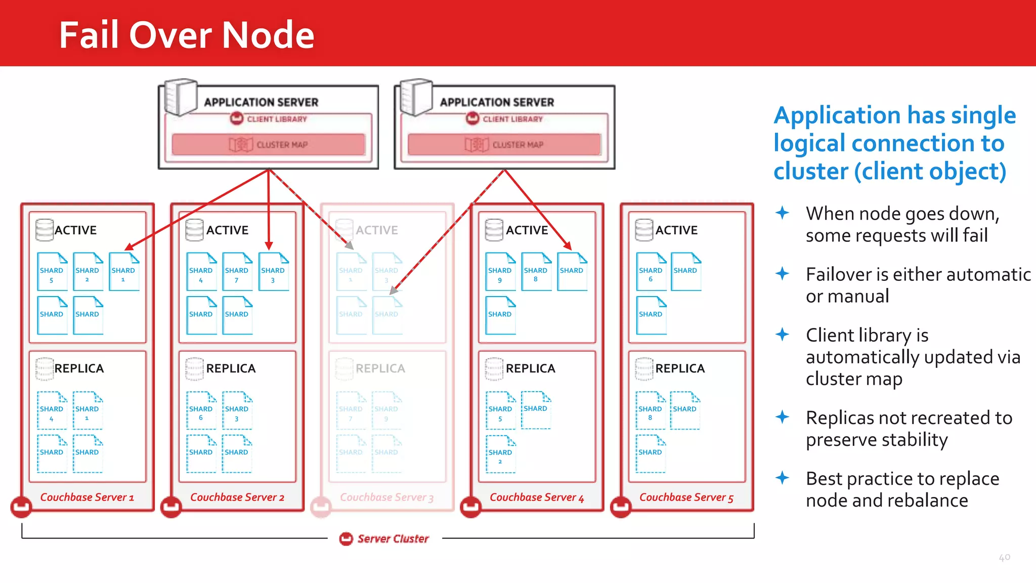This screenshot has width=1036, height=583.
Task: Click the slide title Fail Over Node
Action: click(187, 35)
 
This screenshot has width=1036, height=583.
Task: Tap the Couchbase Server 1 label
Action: click(87, 497)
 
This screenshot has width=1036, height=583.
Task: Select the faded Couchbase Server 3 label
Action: click(386, 497)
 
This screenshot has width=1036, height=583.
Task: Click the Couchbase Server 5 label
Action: click(686, 497)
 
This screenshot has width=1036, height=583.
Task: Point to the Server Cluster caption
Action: click(393, 539)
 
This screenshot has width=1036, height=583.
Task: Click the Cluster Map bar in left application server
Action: click(268, 145)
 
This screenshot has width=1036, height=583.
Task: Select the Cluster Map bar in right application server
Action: click(504, 145)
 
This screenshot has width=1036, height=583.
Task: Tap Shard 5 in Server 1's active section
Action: click(52, 272)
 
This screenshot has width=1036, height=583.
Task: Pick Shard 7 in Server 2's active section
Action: click(237, 272)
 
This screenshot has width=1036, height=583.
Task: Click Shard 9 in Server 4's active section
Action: click(500, 272)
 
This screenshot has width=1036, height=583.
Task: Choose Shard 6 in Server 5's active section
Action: click(651, 272)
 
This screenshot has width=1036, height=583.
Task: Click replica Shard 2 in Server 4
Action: click(500, 454)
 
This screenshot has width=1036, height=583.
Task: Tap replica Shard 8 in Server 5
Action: click(650, 410)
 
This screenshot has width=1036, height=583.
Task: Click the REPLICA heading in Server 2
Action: click(231, 368)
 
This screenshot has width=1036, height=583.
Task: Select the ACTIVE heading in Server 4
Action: click(527, 230)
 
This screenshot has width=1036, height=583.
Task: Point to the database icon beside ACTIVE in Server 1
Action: click(45, 230)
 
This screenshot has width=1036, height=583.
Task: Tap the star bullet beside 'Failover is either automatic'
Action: click(782, 274)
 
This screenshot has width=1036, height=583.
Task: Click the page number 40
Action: click(1004, 557)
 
